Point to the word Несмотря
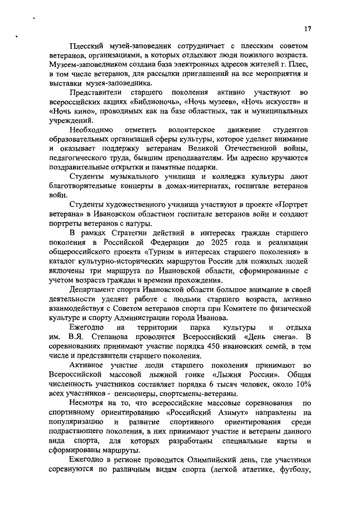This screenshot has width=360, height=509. click(88, 403)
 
